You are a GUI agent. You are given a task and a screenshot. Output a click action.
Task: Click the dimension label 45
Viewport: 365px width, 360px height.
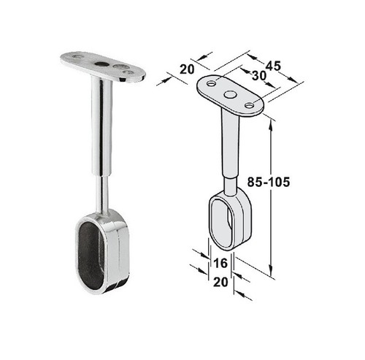[x=273, y=66]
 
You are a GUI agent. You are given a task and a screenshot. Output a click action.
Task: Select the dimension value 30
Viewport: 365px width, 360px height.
[x=259, y=76]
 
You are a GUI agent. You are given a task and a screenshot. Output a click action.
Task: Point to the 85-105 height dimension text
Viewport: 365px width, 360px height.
[x=269, y=182]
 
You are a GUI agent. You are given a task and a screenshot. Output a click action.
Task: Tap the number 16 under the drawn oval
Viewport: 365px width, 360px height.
[x=220, y=264]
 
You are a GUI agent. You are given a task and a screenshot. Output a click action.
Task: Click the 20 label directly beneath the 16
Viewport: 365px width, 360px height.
[x=220, y=283]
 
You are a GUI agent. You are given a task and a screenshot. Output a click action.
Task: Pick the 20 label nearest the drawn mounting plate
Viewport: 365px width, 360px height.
[x=187, y=69]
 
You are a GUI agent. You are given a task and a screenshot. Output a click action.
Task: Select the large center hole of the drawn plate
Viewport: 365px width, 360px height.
[x=230, y=94]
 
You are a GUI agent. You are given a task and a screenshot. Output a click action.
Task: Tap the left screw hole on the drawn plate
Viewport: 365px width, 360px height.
[x=211, y=84]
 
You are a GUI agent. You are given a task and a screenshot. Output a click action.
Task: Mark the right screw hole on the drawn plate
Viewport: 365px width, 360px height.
[x=250, y=106]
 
